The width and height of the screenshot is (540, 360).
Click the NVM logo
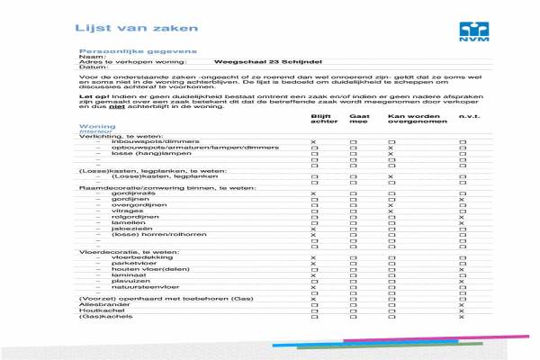472,29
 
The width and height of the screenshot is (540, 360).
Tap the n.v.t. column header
468,117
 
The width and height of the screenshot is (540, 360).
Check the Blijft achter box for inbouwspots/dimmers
313,143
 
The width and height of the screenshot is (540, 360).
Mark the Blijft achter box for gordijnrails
313,193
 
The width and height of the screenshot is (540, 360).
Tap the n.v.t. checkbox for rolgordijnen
462,217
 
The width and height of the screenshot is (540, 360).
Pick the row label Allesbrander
102,304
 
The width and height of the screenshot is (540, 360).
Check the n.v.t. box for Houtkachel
462,310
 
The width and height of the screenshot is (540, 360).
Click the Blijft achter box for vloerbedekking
313,257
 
